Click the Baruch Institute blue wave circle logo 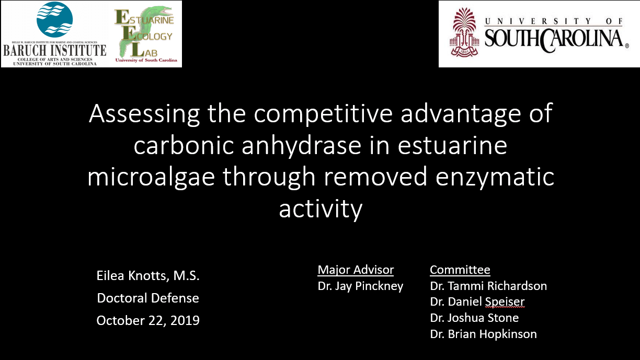click(x=54, y=19)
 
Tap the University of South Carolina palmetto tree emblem click(x=464, y=32)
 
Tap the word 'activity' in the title click(x=321, y=209)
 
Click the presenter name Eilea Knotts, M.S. click(x=148, y=276)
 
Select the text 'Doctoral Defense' click(x=148, y=298)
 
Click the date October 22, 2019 click(x=148, y=320)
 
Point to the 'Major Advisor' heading click(x=356, y=270)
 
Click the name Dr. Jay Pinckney click(x=360, y=286)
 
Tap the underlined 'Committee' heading click(x=460, y=270)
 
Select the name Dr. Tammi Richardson click(x=488, y=286)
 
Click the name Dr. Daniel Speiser click(x=477, y=302)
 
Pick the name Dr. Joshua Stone click(x=474, y=318)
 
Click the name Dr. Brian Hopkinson click(x=483, y=334)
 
